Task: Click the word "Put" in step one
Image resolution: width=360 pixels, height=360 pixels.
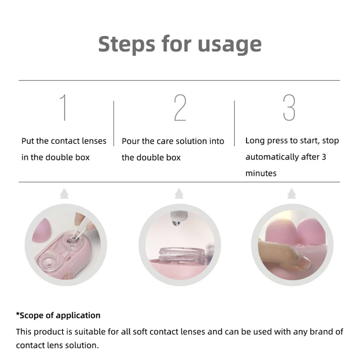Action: tap(28, 141)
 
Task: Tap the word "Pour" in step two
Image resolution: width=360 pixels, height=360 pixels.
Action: tap(131, 141)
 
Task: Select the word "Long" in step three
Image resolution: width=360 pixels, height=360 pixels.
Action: tap(255, 141)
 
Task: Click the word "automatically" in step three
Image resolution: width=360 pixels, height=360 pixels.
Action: tap(272, 157)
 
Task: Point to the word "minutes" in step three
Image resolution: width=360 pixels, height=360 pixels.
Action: tap(261, 173)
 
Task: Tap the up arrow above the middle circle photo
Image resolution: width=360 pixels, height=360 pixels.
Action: tap(180, 194)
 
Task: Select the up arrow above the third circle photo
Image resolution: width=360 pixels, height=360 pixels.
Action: tap(292, 194)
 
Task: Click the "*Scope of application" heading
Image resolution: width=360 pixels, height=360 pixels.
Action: tap(58, 315)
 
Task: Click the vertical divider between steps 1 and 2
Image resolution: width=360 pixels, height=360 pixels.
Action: tap(113, 123)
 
